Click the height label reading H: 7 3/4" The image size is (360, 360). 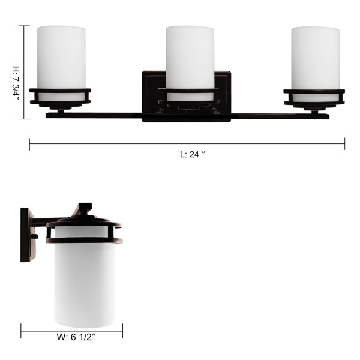click(x=16, y=83)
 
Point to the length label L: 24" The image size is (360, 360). click(x=193, y=154)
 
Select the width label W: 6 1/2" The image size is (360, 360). click(x=76, y=337)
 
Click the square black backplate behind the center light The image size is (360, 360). click(x=187, y=97)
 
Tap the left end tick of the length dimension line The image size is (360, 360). click(x=29, y=144)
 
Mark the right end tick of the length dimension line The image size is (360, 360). click(x=344, y=144)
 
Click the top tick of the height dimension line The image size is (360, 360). click(x=24, y=26)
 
